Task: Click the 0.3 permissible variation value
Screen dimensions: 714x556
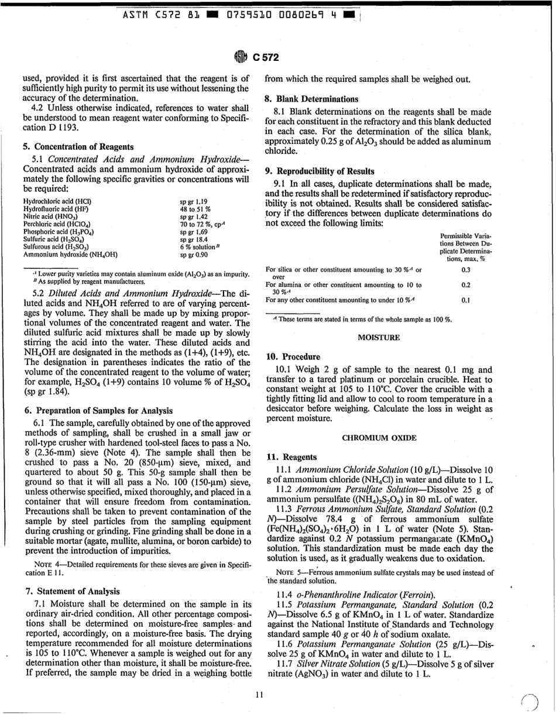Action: pyautogui.click(x=465, y=270)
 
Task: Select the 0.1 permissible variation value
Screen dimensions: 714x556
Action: pyautogui.click(x=465, y=300)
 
